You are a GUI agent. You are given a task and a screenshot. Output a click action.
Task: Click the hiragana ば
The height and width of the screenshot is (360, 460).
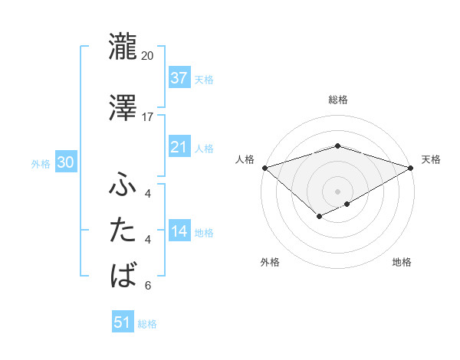[x=123, y=273]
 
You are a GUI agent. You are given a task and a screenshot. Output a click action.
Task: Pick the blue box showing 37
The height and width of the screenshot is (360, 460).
[x=179, y=78]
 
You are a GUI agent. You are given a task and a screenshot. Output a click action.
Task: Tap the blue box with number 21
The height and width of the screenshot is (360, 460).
[x=179, y=147]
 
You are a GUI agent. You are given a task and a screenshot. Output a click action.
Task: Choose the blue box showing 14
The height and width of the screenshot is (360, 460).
[x=179, y=231]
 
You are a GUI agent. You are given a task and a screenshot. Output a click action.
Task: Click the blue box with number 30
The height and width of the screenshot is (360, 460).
[x=65, y=162]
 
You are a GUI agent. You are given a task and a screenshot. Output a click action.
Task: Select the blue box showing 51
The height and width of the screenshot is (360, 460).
[x=122, y=322]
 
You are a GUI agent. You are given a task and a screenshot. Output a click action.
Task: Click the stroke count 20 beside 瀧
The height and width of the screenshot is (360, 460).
[x=148, y=56]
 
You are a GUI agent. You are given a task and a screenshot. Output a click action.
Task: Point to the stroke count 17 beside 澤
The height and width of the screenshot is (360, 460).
[x=148, y=116]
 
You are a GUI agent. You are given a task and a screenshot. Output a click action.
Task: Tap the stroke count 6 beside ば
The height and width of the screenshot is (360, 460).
[x=148, y=286]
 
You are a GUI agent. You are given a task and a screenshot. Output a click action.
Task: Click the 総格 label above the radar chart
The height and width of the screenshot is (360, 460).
[x=337, y=100]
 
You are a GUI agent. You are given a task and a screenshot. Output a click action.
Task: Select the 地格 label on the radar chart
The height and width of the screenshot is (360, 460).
[x=402, y=263]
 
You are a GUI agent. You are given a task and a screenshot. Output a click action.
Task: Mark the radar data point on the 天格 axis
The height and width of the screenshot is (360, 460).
[x=411, y=167]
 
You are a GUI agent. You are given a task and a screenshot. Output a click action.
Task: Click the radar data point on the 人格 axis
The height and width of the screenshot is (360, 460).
[x=264, y=167]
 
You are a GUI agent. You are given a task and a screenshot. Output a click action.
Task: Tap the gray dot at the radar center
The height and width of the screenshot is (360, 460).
[x=337, y=191]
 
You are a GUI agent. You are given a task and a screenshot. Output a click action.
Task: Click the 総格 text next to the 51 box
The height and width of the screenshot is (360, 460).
[x=147, y=323]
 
